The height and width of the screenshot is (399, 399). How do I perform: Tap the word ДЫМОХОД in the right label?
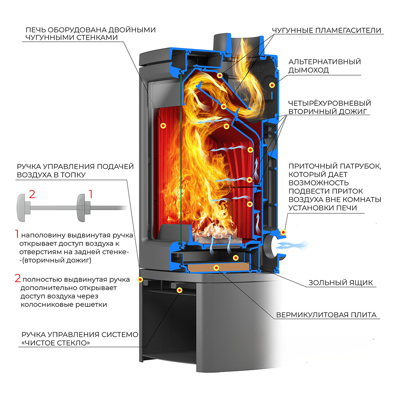[308, 70]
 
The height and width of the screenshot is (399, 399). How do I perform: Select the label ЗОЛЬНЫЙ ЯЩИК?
[341, 282]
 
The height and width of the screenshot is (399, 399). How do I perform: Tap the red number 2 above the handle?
[32, 194]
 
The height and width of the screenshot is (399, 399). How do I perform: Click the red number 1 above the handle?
[90, 194]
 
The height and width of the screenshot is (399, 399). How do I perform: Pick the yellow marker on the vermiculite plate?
[216, 268]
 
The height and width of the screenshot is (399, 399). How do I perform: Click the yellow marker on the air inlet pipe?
[282, 232]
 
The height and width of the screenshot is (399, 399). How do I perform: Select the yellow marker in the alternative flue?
[272, 85]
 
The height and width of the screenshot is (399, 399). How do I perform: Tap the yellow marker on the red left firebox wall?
[164, 125]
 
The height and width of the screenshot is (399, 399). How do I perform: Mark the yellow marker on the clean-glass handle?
[180, 290]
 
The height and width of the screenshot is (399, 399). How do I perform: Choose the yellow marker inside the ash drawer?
[236, 258]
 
